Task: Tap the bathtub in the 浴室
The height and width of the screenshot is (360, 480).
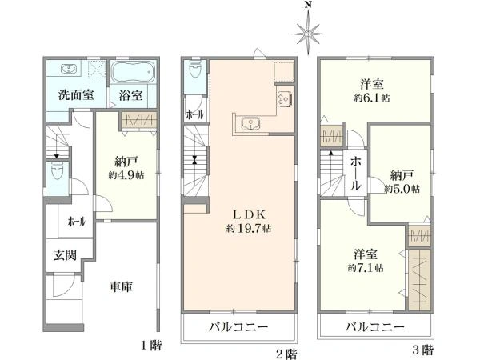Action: point(133,72)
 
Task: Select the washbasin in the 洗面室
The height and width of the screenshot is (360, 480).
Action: point(68,69)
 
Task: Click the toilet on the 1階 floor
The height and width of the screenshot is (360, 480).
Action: point(57,171)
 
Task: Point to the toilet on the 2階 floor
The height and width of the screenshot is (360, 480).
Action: point(195,70)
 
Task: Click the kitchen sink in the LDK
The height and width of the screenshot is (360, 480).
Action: point(250,124)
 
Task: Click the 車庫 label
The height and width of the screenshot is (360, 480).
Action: point(122,287)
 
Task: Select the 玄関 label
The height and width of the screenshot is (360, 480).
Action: point(65,254)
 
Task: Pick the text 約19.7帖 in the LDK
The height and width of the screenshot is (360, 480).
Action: point(249,228)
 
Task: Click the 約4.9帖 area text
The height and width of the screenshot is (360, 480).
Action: point(126,175)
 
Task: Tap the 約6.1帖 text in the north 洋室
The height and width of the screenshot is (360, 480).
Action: point(372,98)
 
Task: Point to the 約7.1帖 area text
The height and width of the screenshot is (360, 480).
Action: point(366,268)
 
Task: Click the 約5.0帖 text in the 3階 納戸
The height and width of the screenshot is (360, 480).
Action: point(402,189)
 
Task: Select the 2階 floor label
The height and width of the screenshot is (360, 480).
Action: point(286,354)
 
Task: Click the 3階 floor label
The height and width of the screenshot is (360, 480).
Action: point(423,350)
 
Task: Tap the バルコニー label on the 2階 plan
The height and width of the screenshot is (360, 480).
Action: point(238,327)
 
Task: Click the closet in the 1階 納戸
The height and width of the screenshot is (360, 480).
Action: point(139,120)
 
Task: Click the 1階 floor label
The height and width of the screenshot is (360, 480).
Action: point(151,346)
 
